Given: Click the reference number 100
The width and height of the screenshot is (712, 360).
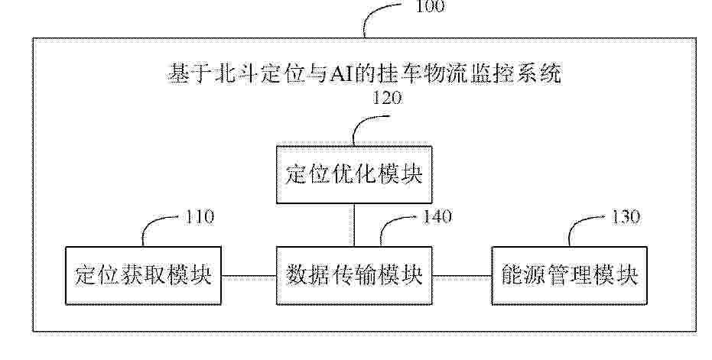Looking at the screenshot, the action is (x=431, y=6).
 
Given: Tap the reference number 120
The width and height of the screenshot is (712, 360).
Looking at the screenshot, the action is (x=387, y=98).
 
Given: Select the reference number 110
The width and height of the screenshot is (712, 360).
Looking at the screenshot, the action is (x=200, y=217).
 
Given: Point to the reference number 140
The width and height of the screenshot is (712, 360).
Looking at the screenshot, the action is (x=437, y=216).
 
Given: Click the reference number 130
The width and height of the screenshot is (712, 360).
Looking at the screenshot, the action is (x=626, y=217).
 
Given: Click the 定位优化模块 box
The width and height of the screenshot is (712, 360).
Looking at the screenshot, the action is (x=354, y=175).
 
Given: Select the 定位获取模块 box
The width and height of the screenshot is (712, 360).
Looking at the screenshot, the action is (x=144, y=276).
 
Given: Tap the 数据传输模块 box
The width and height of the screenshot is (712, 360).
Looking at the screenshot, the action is (x=354, y=276).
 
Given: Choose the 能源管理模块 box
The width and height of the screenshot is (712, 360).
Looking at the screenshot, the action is (x=570, y=276).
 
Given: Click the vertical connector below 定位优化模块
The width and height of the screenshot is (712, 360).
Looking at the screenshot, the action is (x=354, y=225).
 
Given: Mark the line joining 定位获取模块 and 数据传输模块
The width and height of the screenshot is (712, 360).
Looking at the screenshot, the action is (x=249, y=276).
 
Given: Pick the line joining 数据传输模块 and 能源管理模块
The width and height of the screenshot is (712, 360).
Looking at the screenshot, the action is (x=462, y=276).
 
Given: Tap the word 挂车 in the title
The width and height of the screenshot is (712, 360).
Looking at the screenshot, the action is (x=399, y=74).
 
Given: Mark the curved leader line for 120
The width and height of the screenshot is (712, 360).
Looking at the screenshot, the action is (x=362, y=122).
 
